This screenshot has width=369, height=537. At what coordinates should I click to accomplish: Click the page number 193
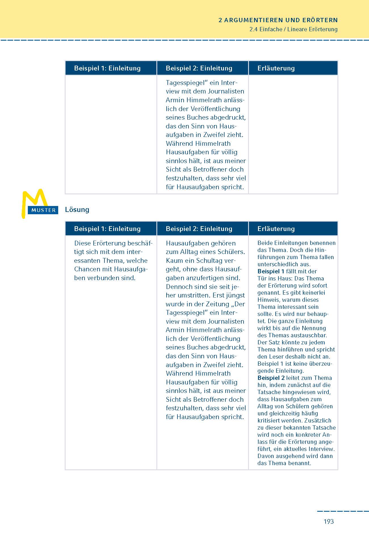point(328,521)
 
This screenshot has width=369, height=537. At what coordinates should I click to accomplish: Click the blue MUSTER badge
point(43,210)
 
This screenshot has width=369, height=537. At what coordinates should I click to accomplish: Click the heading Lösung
point(77,210)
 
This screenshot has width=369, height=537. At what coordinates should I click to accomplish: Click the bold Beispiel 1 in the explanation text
point(271,271)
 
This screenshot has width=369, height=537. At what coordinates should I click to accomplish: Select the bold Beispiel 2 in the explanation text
point(271,378)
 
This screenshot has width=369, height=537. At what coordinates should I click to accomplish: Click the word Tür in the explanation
point(262,278)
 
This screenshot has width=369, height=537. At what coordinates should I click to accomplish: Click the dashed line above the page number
point(343,511)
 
